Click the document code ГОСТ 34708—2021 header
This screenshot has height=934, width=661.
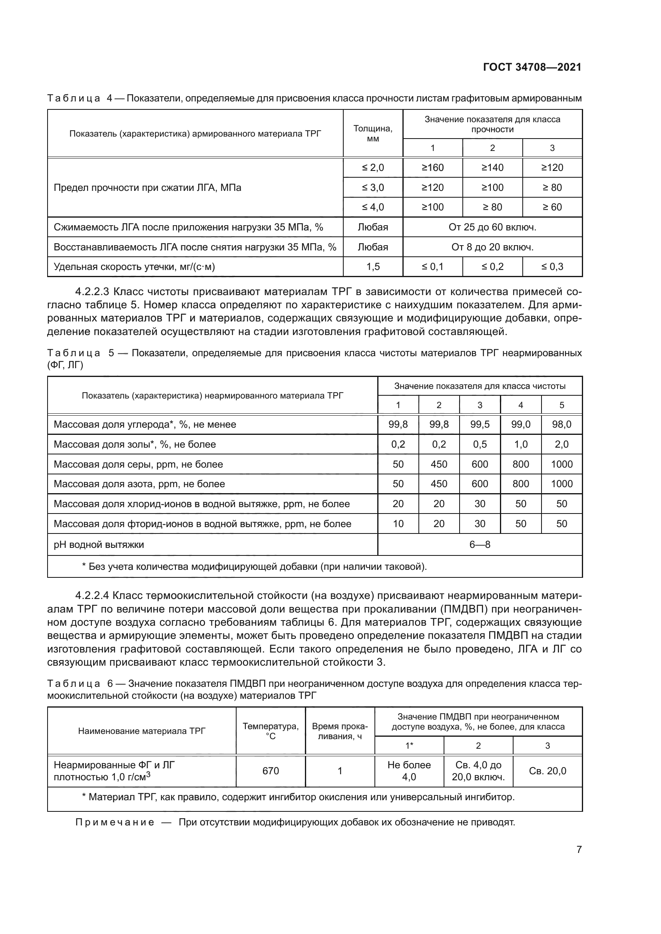tap(532, 67)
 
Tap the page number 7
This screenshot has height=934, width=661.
tap(579, 849)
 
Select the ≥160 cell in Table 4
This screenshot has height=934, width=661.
tap(432, 168)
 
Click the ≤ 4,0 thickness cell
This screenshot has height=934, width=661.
tap(372, 207)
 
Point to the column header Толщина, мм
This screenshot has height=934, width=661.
tap(372, 133)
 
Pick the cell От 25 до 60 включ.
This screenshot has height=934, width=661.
tap(492, 227)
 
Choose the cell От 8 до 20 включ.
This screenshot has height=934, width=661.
tap(492, 247)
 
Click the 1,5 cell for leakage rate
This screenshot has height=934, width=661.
tap(372, 267)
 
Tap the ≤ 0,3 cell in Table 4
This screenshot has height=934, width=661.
tap(552, 267)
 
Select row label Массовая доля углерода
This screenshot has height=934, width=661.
tap(145, 425)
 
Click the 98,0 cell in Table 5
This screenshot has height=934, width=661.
tap(561, 425)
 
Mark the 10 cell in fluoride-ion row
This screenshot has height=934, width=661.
tap(398, 524)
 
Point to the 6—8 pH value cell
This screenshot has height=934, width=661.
tap(480, 545)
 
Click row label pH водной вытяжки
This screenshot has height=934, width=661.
tap(98, 545)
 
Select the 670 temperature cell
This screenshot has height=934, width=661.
tap(270, 771)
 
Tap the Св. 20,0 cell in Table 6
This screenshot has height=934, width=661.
tap(547, 771)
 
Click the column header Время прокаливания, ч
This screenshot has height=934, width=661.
tap(339, 732)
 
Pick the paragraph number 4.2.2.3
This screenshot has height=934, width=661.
tap(92, 292)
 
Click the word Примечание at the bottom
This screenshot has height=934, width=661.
tap(115, 822)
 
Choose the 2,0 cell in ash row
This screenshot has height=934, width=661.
tap(561, 444)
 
